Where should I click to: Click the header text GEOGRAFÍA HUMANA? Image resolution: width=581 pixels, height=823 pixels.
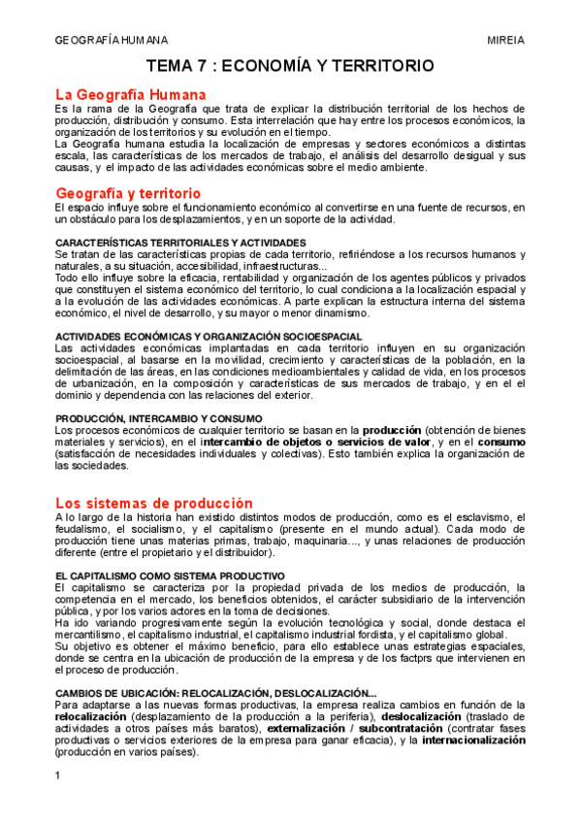pos(112,40)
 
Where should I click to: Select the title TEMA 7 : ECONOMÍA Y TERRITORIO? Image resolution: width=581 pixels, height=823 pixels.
pos(290,66)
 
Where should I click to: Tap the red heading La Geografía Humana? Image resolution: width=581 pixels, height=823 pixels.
pos(130,94)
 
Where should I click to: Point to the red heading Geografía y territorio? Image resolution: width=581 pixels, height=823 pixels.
pos(127,193)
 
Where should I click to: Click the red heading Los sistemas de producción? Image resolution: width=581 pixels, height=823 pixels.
pos(153,503)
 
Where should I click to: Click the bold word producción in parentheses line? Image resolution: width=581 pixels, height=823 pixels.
pos(392,430)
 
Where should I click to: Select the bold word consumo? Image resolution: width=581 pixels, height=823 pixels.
pos(500,442)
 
